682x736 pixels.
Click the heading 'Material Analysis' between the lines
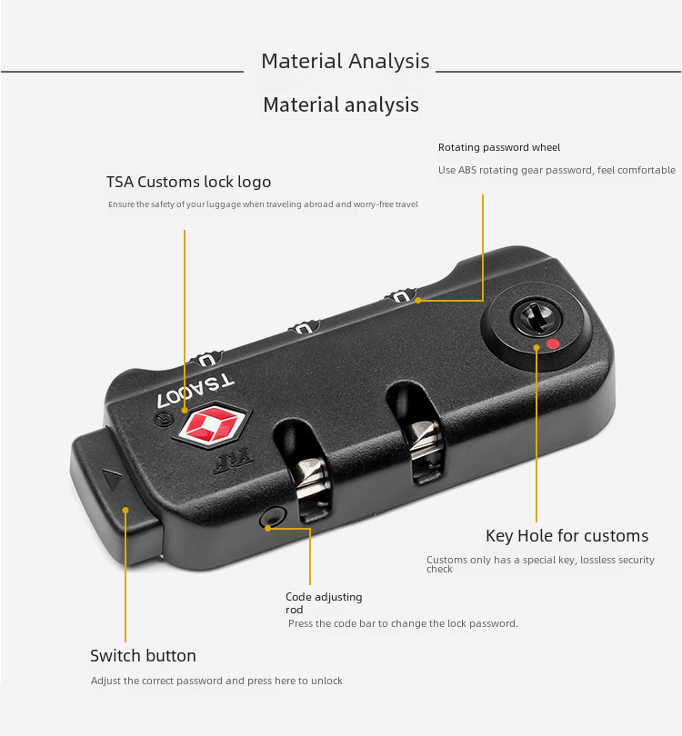(345, 62)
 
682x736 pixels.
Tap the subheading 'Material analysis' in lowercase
(341, 105)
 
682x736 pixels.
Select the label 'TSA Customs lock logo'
(188, 182)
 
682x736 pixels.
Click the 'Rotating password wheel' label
(499, 147)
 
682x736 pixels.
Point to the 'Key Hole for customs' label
(567, 535)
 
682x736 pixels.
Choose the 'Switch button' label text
(143, 656)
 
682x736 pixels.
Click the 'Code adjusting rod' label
(323, 602)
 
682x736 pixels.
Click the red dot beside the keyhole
(552, 344)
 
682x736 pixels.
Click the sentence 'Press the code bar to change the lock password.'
(403, 623)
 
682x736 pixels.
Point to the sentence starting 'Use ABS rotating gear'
(557, 170)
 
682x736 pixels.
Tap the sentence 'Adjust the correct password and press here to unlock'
(216, 681)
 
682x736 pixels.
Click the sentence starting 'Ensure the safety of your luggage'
(263, 204)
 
